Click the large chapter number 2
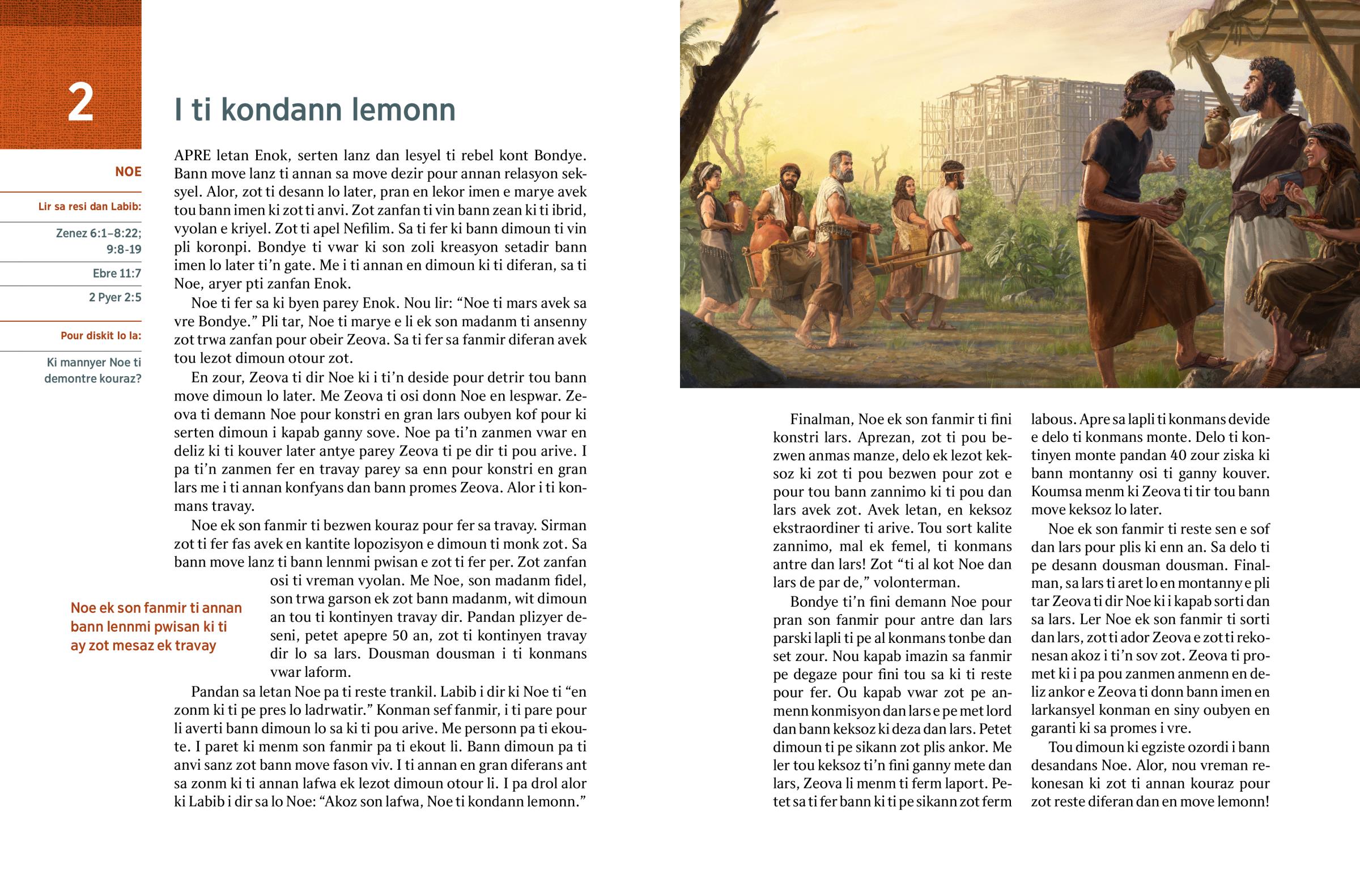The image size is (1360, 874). point(80,103)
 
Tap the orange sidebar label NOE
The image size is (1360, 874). point(127,172)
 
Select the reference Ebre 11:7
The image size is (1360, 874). point(116,274)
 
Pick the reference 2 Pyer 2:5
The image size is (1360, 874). point(114,297)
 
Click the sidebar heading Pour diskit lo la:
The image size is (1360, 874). point(100,335)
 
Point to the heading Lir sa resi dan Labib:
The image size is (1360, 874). point(90,207)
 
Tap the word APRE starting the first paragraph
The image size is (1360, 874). point(193,156)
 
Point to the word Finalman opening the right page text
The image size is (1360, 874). point(821,419)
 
